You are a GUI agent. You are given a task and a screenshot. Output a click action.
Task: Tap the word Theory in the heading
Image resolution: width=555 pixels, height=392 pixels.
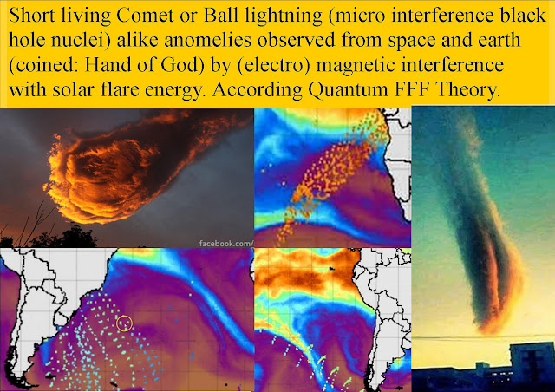click(x=467, y=91)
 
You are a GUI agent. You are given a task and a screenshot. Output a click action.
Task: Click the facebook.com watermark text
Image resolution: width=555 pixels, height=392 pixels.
click(x=226, y=244)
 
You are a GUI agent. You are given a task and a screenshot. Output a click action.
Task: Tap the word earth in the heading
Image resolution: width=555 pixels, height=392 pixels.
click(x=499, y=40)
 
